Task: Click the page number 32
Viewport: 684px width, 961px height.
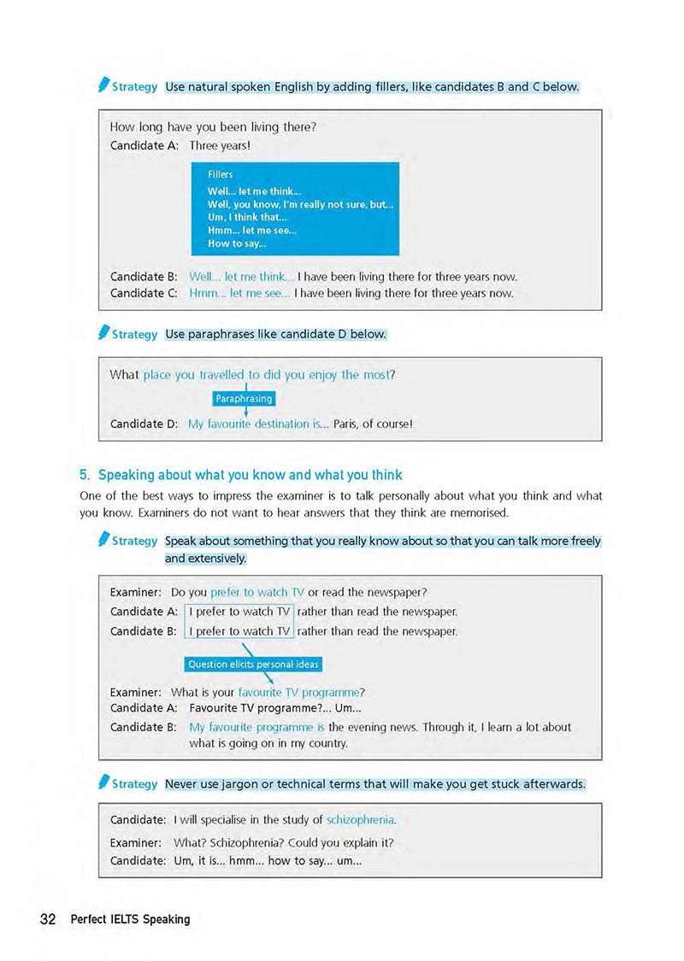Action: [x=48, y=919]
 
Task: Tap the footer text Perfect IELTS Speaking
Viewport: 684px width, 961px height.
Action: [x=130, y=919]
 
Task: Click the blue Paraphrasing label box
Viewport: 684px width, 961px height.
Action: [x=244, y=398]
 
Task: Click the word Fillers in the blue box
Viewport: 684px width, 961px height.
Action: [x=220, y=174]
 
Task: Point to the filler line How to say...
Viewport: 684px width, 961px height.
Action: [x=237, y=243]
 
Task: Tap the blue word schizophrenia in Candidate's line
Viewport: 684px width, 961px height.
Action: [x=361, y=819]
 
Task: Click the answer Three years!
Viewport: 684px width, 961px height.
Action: [x=219, y=145]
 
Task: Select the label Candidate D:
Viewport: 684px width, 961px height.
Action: [x=144, y=423]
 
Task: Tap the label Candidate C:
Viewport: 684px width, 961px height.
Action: [x=144, y=293]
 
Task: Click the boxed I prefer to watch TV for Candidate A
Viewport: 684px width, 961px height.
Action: [x=239, y=611]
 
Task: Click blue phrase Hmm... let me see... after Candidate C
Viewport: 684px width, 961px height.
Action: [x=239, y=293]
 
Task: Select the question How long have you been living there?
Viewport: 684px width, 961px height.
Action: [x=213, y=127]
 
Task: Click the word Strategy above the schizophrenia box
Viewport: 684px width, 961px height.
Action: [x=134, y=783]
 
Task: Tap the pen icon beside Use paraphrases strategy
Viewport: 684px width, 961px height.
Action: [x=103, y=332]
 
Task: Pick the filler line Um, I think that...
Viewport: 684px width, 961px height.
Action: [x=247, y=218]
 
